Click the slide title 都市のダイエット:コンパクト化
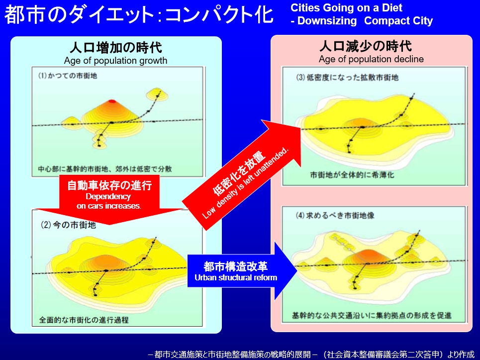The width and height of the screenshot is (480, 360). (x=139, y=15)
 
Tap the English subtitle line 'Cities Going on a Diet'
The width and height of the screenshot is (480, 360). (x=346, y=7)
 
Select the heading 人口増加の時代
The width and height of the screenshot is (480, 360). (x=116, y=48)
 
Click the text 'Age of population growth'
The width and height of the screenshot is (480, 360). (x=116, y=61)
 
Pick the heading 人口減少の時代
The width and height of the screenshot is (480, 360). (x=365, y=46)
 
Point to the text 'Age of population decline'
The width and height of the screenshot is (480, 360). (x=371, y=59)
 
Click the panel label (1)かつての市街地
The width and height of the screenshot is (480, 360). (x=67, y=75)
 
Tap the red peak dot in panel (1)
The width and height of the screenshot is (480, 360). (x=112, y=101)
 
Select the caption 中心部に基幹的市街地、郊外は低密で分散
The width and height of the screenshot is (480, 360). (x=105, y=169)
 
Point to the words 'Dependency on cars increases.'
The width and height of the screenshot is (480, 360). (x=108, y=201)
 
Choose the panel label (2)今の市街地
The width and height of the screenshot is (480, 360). (x=68, y=225)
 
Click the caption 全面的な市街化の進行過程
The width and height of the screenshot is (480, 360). (x=84, y=320)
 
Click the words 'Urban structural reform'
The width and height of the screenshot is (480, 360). (x=236, y=277)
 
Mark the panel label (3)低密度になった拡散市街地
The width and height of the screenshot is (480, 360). (x=347, y=78)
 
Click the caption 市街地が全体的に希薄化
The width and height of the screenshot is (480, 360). (x=352, y=175)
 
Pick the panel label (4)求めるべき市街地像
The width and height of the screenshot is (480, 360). (x=335, y=216)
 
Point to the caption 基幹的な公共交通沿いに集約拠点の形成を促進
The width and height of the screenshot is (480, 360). (x=372, y=315)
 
